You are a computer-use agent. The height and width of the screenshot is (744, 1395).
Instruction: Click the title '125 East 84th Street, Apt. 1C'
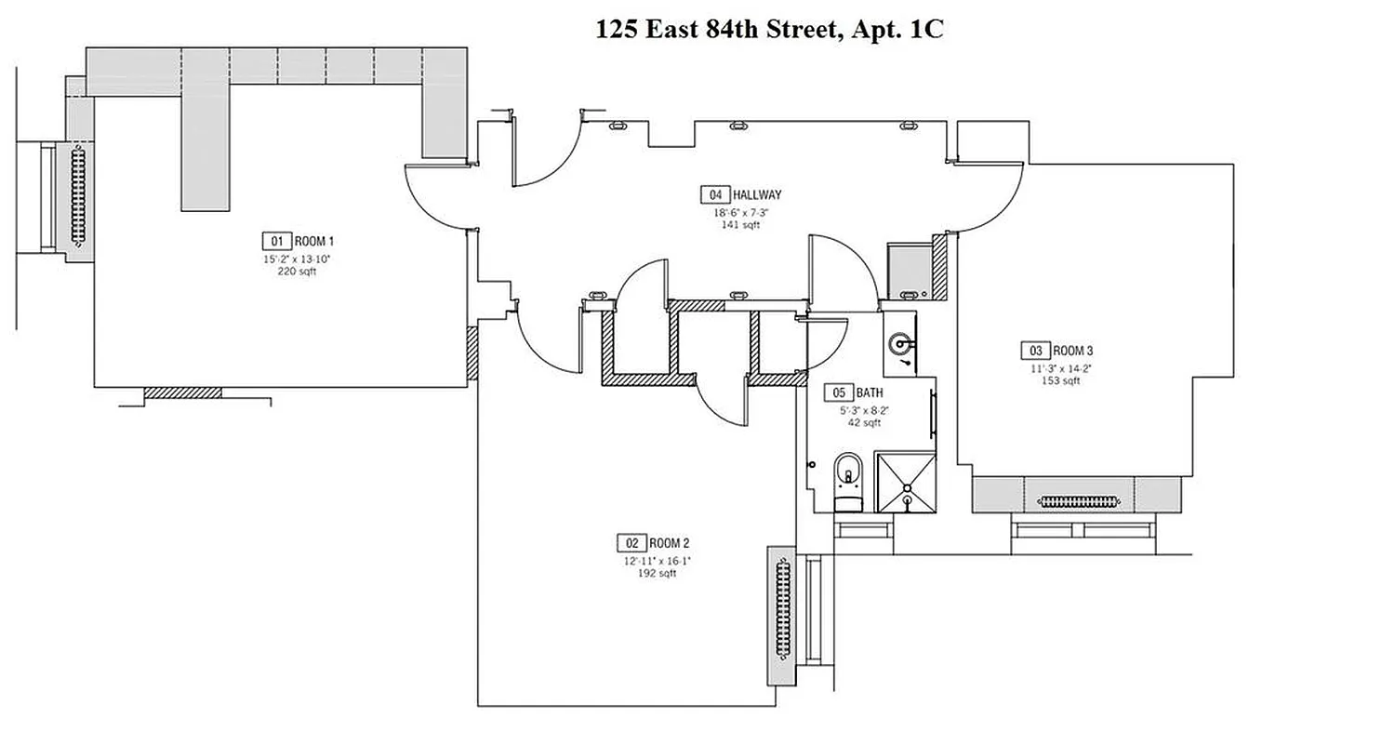tap(769, 29)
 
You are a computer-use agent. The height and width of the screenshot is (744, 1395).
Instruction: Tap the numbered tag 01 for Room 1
tap(275, 239)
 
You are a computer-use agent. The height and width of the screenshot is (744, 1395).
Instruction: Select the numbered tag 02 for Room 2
tap(630, 542)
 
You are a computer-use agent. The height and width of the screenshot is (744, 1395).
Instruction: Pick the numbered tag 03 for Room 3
tap(1034, 351)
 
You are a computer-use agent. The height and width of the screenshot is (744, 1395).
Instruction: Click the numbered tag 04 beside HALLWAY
tap(714, 195)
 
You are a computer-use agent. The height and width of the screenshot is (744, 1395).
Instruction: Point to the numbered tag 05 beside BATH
tap(839, 393)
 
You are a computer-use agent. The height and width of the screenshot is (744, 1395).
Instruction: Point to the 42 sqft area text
tap(863, 423)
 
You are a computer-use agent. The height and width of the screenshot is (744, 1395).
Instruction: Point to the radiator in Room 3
tap(1079, 501)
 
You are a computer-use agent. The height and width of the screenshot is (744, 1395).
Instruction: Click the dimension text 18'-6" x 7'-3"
tap(741, 212)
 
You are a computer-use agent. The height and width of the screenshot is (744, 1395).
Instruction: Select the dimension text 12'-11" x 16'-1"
tap(657, 561)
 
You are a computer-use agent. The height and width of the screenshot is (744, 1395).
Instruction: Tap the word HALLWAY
tap(757, 195)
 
